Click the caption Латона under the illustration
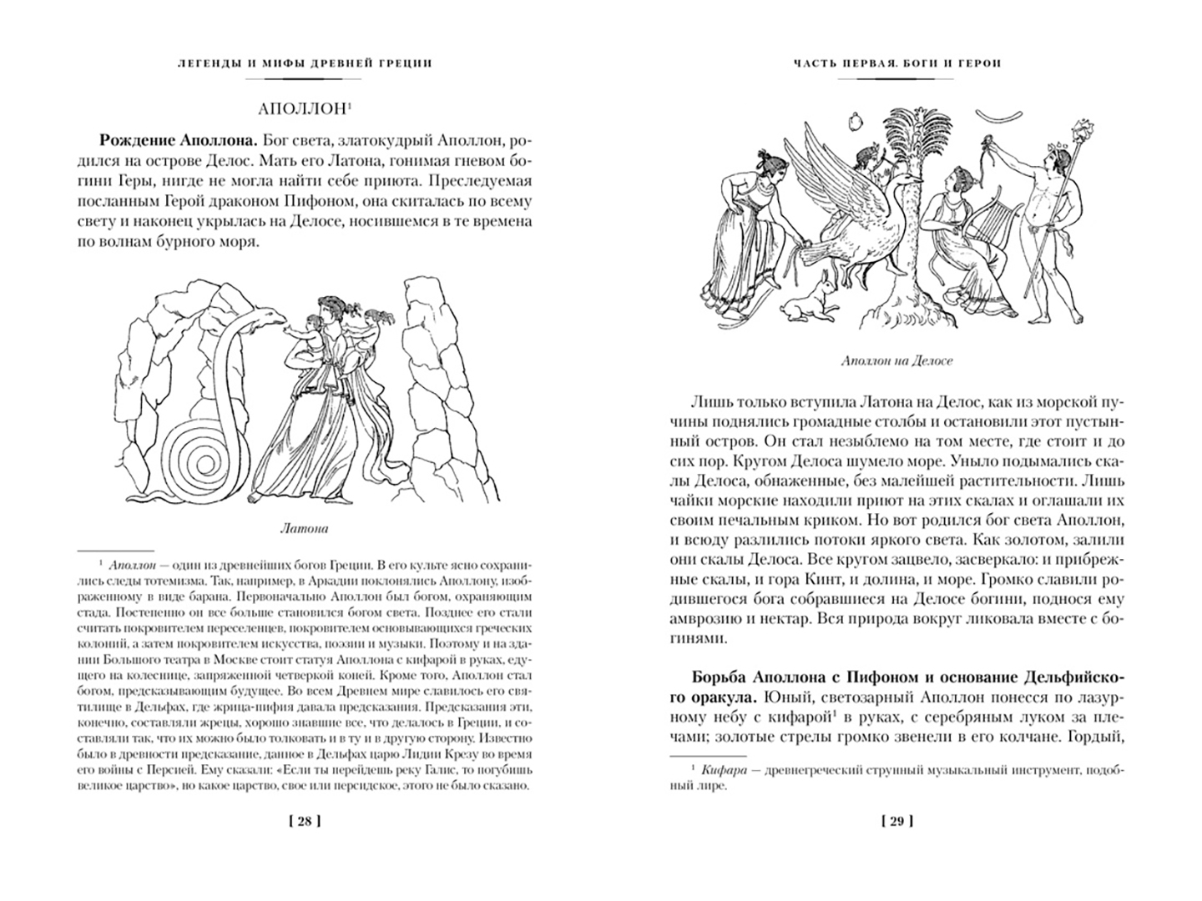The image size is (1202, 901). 304,528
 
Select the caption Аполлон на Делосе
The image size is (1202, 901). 897,361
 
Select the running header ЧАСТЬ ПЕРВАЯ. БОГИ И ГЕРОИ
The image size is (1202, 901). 897,63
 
